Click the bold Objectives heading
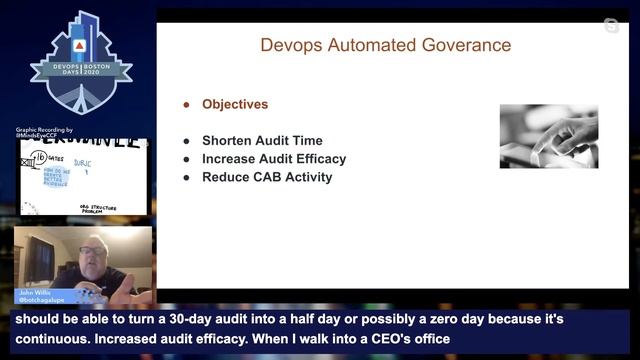click(235, 104)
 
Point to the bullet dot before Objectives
click(186, 105)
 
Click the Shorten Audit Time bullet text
click(262, 141)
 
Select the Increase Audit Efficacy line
click(273, 159)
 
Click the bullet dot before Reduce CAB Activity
click(186, 178)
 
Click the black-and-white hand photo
click(549, 135)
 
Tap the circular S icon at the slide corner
click(611, 25)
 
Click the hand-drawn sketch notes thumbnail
click(83, 176)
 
